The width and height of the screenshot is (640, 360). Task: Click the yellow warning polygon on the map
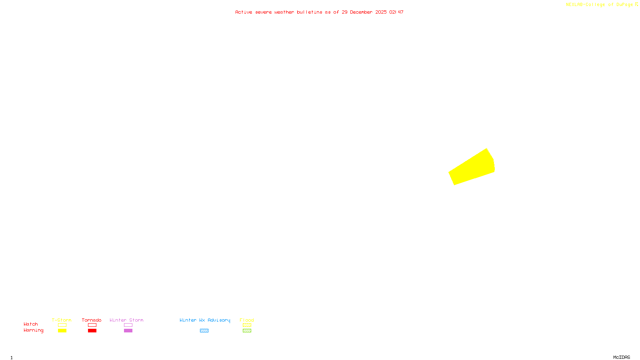pos(472,168)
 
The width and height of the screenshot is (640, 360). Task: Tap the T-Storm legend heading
pos(62,320)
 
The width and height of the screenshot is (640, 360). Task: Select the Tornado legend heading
pos(92,320)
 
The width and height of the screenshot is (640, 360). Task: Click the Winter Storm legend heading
pos(126,320)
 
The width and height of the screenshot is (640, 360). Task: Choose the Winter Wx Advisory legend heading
pos(205,320)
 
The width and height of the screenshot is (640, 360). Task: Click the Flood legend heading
pos(247,320)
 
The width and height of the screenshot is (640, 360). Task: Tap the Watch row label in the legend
pos(31,324)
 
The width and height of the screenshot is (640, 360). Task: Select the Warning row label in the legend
pos(33,330)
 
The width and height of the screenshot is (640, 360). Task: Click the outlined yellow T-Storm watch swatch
pos(62,325)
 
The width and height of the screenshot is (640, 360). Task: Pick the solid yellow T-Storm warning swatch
pos(62,331)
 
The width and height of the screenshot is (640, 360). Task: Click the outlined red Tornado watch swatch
pos(92,325)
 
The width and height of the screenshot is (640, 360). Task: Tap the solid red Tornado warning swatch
pos(92,331)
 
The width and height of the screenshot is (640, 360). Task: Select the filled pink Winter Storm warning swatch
pos(128,331)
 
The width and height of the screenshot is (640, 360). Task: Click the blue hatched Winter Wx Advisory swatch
pos(204,331)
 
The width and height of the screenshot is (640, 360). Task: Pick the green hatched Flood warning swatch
pos(247,331)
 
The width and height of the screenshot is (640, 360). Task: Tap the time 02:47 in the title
pos(396,12)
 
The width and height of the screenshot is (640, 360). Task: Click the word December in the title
pos(361,12)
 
